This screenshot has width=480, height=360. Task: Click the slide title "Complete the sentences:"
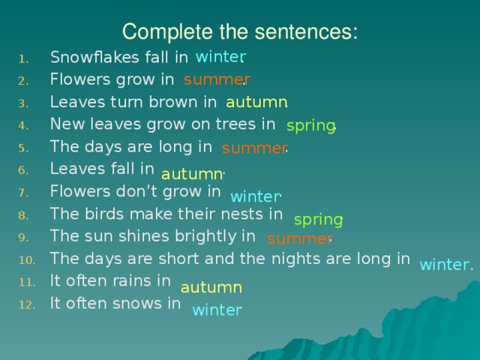click(240, 32)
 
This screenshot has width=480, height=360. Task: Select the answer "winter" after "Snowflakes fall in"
click(220, 57)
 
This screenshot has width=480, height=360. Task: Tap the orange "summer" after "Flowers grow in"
click(216, 79)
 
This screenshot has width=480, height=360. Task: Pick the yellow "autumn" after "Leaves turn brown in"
click(256, 102)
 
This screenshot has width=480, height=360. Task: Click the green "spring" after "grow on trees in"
click(310, 125)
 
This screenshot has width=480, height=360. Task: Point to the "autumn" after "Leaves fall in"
click(193, 174)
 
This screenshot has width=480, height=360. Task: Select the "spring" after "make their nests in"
click(318, 220)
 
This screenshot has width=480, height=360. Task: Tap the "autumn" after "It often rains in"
click(211, 287)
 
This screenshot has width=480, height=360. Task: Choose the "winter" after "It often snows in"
click(217, 310)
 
